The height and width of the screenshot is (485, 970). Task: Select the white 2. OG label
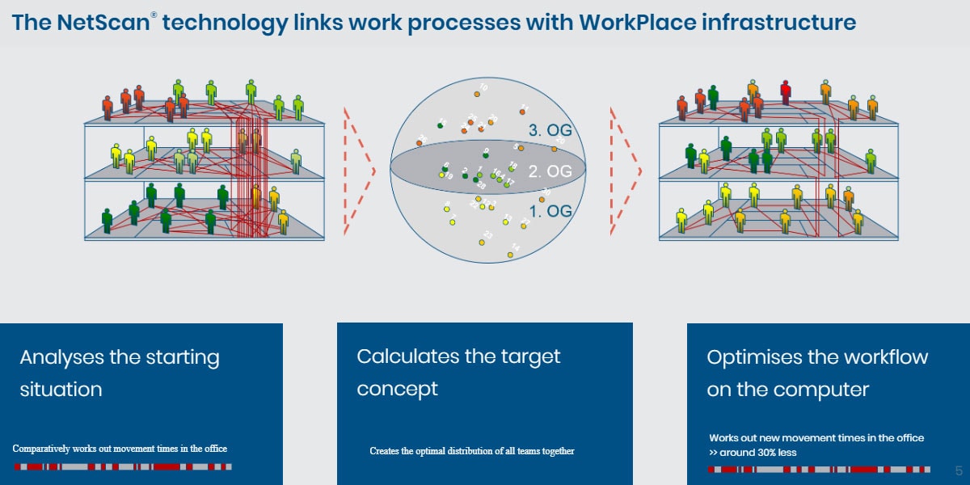[x=550, y=171]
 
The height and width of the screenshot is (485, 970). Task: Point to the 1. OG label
[x=550, y=211]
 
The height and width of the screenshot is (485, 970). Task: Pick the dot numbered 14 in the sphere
[x=510, y=255]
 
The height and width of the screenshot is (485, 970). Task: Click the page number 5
[x=959, y=470]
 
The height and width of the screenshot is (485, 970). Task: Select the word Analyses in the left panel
[x=69, y=356]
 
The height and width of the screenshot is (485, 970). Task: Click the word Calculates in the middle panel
[x=407, y=356]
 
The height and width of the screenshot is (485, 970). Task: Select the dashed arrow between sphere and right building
[x=626, y=171]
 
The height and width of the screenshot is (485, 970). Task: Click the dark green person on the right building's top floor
[x=712, y=96]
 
